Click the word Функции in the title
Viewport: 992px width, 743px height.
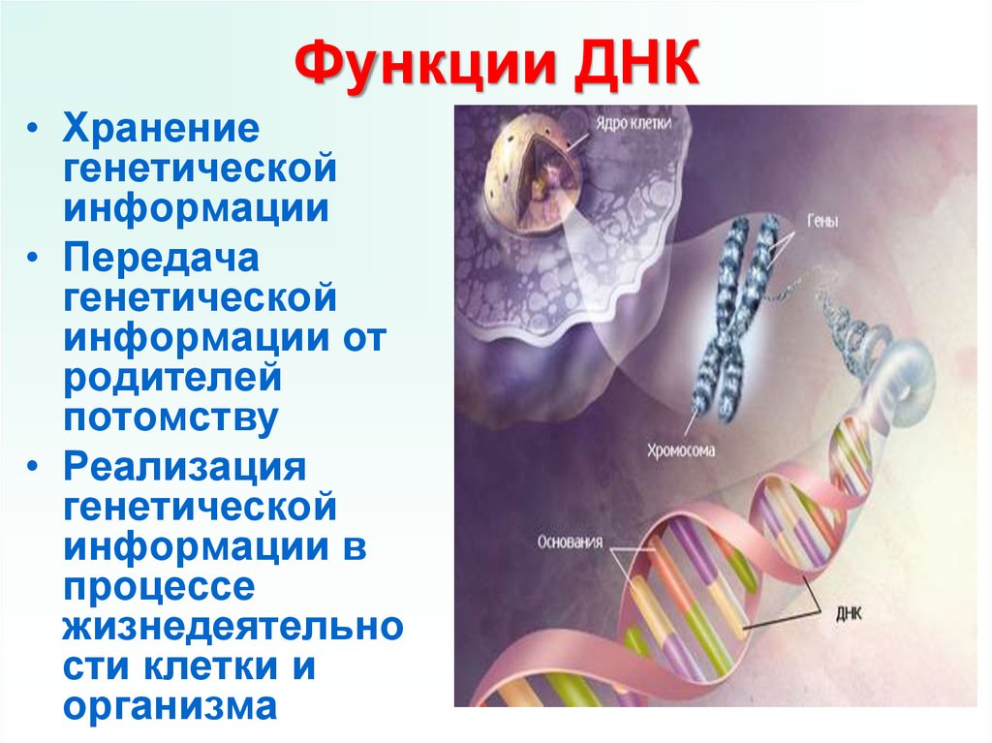coord(426,65)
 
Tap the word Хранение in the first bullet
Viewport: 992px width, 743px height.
coord(161,129)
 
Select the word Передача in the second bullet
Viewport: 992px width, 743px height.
coord(161,259)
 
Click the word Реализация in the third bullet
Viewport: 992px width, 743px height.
coord(185,468)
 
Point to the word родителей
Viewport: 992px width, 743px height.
coord(172,379)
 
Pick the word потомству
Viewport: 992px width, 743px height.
coord(170,418)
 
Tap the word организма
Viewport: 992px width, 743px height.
coord(170,707)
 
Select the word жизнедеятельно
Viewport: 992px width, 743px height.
coord(232,626)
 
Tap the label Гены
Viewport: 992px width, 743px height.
coord(822,221)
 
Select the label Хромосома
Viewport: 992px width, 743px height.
coord(681,450)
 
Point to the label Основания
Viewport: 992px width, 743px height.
coord(570,542)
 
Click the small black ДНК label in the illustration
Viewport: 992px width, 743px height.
coord(849,612)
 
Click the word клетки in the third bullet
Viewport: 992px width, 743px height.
coord(211,666)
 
